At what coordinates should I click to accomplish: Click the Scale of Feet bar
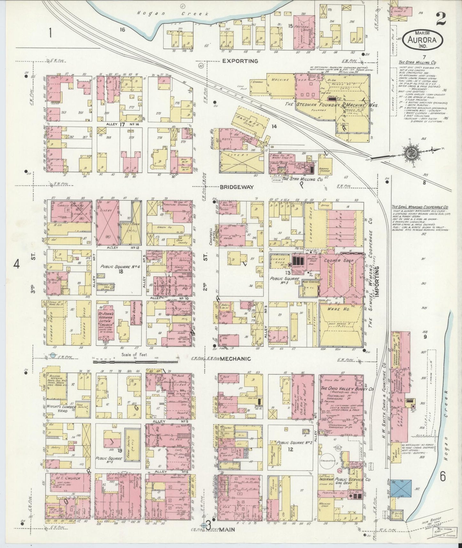click(135, 362)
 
